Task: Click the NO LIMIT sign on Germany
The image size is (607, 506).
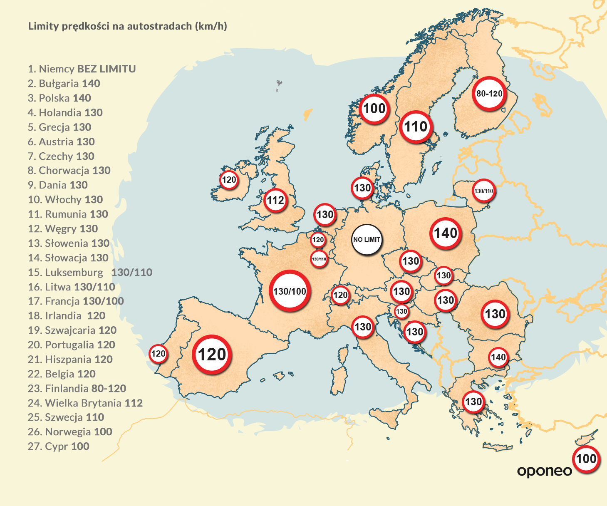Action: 367,240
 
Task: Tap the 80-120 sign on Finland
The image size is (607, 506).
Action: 489,94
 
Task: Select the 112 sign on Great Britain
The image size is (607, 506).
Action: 275,200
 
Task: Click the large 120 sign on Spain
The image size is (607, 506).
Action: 212,355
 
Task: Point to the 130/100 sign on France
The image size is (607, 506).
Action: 290,291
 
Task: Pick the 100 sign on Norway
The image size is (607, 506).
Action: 374,109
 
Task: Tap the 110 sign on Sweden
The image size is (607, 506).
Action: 416,126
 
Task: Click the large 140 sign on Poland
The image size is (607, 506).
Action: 446,233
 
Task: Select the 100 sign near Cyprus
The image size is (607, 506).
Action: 586,459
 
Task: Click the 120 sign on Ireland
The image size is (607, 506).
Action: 229,180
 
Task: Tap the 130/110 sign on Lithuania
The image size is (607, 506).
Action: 483,191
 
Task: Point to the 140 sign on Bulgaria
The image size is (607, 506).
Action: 498,357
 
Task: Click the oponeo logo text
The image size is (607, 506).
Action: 544,471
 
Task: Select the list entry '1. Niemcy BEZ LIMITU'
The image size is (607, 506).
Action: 82,69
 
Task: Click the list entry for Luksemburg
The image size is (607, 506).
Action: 90,272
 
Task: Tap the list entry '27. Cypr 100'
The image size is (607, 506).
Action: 58,446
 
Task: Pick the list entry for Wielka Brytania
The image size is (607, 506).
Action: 85,403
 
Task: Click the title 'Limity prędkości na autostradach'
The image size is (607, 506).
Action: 127,26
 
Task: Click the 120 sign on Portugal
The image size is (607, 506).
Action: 158,354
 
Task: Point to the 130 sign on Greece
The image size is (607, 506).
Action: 473,402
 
